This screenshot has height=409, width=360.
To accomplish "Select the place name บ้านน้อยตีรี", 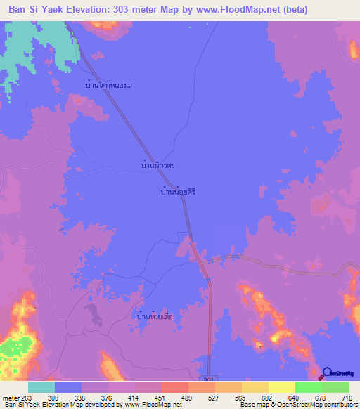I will [177, 190].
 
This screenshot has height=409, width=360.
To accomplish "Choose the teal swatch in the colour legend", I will [41, 387].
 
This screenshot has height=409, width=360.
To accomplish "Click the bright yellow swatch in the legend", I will [281, 387].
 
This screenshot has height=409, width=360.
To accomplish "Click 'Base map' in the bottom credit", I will [254, 404].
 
